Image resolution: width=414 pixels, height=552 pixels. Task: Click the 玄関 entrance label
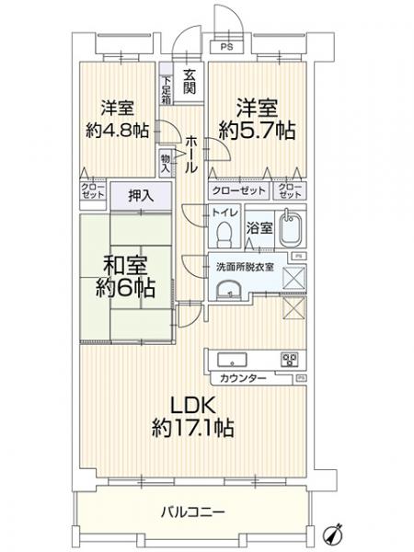189,81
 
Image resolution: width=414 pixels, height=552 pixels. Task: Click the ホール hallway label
190,155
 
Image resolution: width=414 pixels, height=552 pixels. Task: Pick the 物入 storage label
167,162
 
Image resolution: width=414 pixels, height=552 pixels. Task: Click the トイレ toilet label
224,213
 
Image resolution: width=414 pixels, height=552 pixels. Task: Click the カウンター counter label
242,378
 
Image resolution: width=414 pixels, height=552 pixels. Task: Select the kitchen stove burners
291,360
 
